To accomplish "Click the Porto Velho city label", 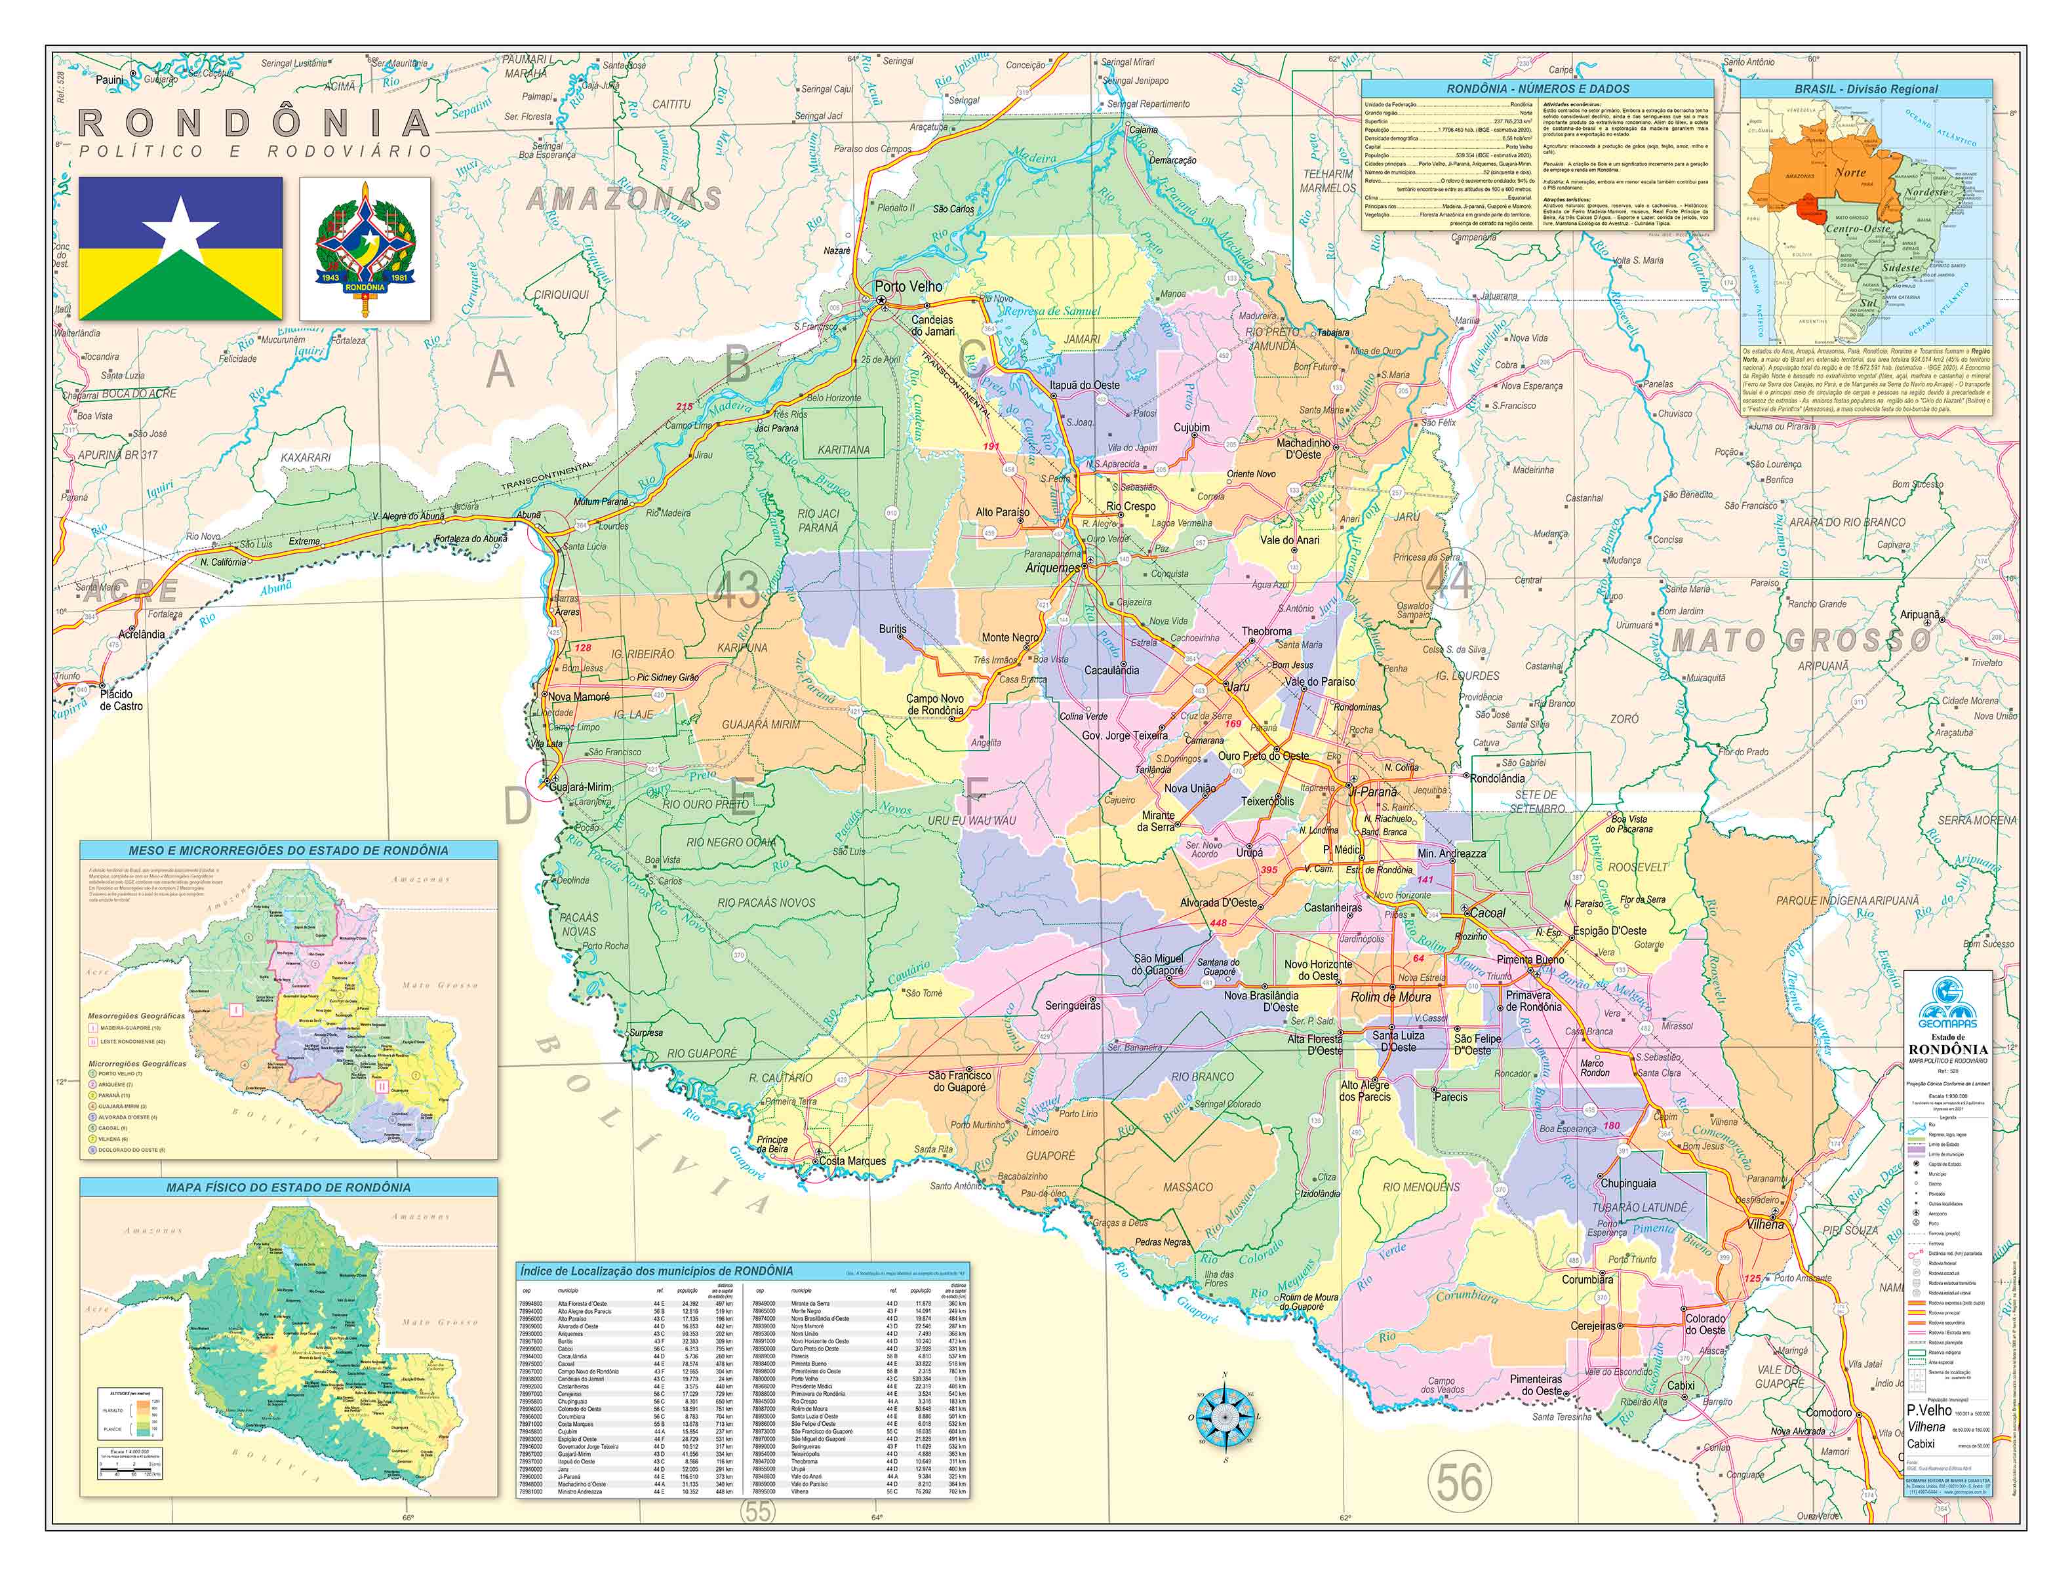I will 907,286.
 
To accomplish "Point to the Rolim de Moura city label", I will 1390,997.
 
